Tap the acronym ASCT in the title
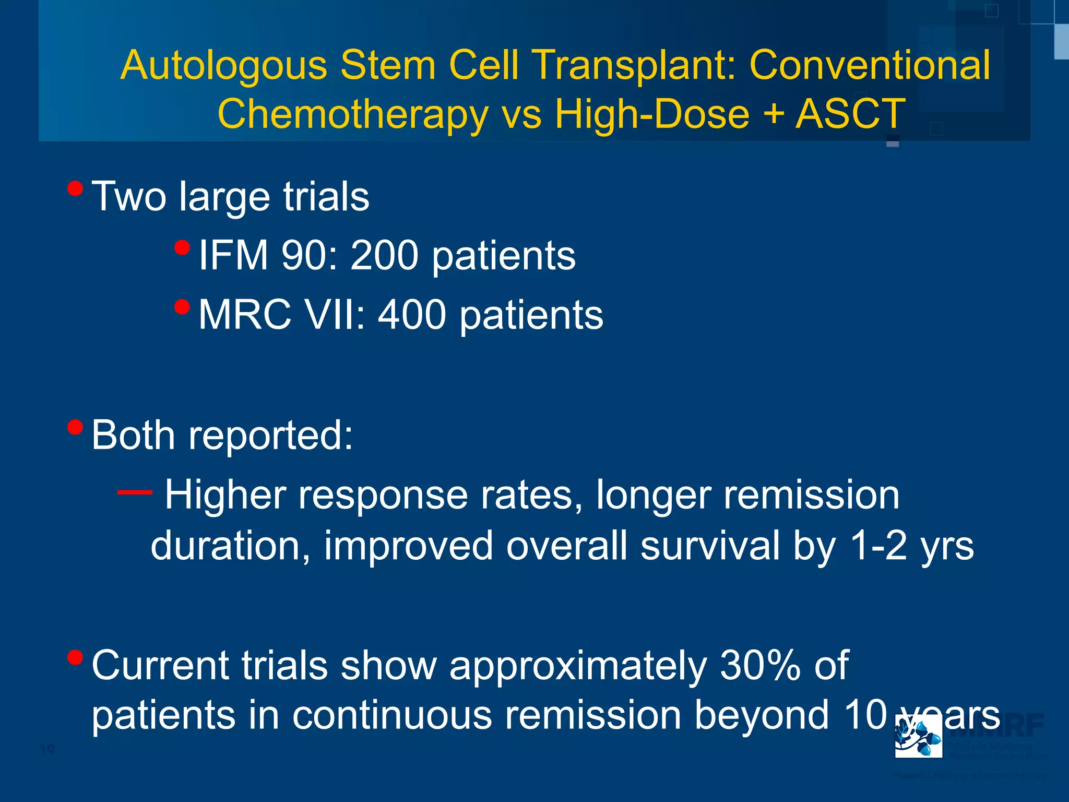pos(850,114)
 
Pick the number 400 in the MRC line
pos(412,315)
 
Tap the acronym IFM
pos(233,255)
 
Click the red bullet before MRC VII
pos(182,306)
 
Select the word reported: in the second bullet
pos(270,435)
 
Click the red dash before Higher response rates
pos(135,492)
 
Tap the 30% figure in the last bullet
pos(759,666)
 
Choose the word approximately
pos(577,667)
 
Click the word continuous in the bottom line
pos(391,715)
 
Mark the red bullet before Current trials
pos(75,657)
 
